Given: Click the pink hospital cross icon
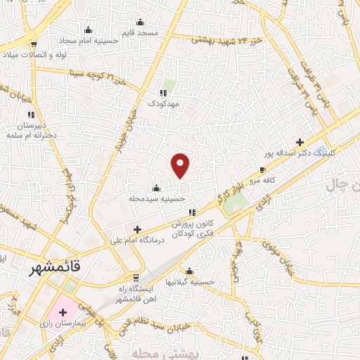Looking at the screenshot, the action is [63, 311].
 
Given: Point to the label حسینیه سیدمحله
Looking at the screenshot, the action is [156, 198].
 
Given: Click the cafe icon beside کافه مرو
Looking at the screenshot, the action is [262, 169].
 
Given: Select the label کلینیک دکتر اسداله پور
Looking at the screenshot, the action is [300, 152].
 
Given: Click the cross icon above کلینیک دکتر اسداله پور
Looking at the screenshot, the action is [300, 141].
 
